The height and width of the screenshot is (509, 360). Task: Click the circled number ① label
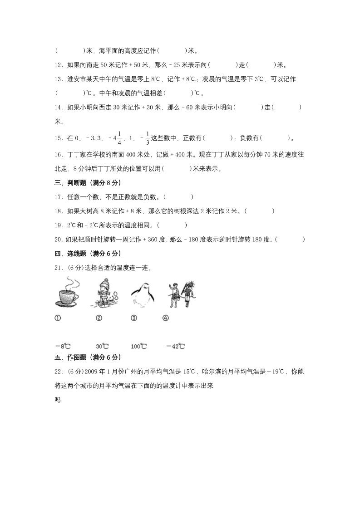(58, 318)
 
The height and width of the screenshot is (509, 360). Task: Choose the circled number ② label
(99, 318)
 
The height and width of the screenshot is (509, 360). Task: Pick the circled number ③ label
(134, 318)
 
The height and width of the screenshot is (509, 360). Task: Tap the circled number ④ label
(165, 318)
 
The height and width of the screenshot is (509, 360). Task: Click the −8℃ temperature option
(62, 347)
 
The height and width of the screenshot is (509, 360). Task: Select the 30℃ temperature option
(102, 347)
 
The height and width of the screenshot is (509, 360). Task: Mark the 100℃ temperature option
(138, 347)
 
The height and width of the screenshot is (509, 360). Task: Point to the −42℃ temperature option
(175, 347)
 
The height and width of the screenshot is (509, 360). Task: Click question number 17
(59, 197)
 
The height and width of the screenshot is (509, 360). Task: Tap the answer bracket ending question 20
(290, 239)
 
